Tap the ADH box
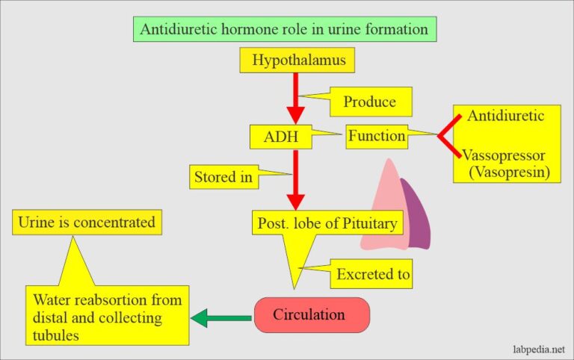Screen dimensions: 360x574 (x=280, y=137)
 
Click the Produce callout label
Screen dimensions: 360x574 (x=368, y=102)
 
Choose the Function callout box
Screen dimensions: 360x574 (x=376, y=137)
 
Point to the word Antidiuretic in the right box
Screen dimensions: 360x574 (x=505, y=117)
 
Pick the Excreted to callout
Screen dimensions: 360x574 (x=372, y=274)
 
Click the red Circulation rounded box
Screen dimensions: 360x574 (x=312, y=314)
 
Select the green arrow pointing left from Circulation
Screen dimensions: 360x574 (x=221, y=319)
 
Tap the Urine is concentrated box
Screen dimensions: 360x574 (x=87, y=222)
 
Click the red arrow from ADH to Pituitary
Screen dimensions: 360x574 (x=296, y=179)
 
